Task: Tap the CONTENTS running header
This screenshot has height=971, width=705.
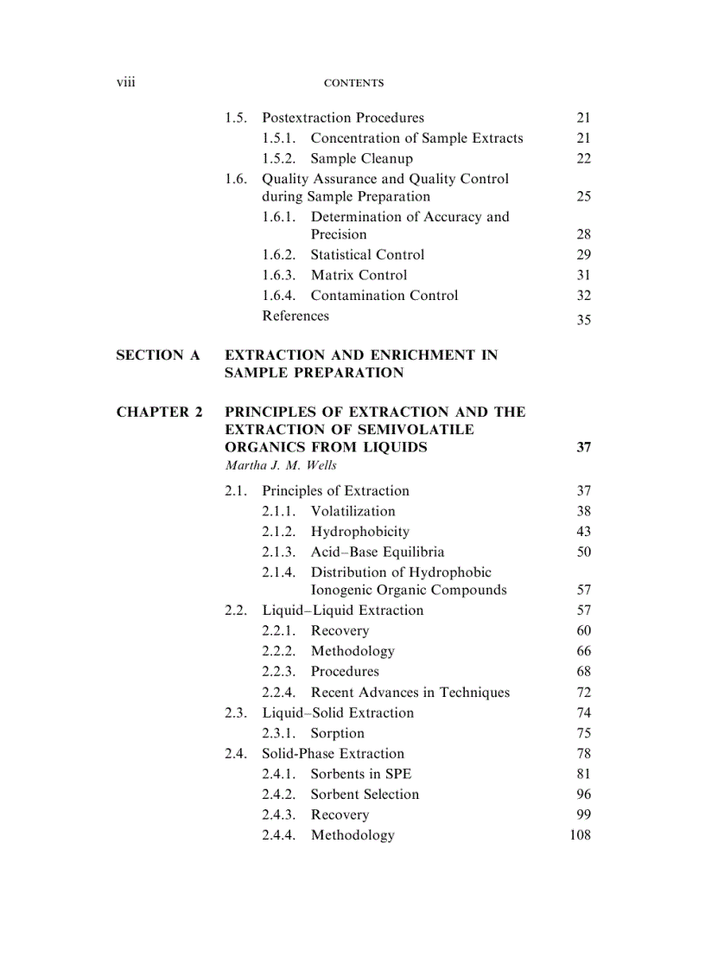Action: (x=352, y=83)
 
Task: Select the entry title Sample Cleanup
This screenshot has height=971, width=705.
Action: (x=361, y=158)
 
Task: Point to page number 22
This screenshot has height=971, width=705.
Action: (x=583, y=158)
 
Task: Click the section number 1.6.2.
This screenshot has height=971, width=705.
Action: (x=278, y=254)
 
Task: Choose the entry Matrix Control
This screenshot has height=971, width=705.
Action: (x=359, y=275)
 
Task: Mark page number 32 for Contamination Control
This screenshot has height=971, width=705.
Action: (x=583, y=296)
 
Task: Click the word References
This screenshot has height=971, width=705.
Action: (x=295, y=316)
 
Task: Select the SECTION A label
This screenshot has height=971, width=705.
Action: (x=158, y=355)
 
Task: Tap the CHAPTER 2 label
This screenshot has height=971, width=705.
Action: (x=159, y=412)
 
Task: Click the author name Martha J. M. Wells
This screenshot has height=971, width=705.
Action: (x=280, y=465)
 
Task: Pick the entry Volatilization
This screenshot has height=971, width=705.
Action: (x=352, y=511)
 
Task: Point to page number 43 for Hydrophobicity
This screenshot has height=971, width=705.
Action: (x=583, y=532)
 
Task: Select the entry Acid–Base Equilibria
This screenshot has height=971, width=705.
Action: (x=377, y=552)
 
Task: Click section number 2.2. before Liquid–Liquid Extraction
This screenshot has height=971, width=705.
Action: (x=236, y=610)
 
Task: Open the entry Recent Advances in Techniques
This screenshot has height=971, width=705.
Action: (x=410, y=692)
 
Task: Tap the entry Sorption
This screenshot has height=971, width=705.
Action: (x=337, y=733)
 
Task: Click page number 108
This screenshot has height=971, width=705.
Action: (x=580, y=835)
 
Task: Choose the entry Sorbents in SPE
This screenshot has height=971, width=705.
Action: (x=360, y=774)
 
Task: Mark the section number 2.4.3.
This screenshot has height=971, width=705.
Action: (x=278, y=814)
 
